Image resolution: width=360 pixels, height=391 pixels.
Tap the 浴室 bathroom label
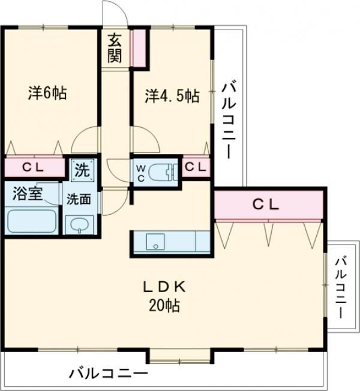[28, 196]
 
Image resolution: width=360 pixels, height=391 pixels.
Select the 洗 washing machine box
[82, 169]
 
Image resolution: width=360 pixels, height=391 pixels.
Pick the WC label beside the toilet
[139, 169]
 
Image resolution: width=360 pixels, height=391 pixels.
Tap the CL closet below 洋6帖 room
[33, 167]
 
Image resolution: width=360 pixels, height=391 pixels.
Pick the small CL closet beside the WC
[196, 167]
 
